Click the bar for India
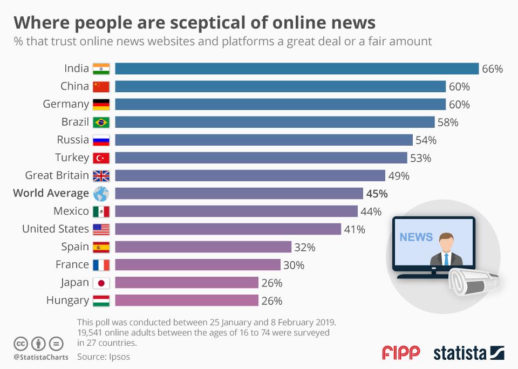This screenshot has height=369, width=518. coord(297,69)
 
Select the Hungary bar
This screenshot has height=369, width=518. coord(187,300)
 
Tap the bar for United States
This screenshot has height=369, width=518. coord(228,229)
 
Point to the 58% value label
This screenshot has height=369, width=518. coord(448,122)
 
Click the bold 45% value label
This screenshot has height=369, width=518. coord(377,194)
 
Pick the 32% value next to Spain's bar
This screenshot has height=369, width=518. coord(305,247)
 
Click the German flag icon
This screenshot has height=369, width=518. coord(101,104)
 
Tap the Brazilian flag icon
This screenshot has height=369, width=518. coord(101,122)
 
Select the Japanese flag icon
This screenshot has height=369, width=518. coord(101,283)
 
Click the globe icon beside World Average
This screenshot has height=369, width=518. coord(101,194)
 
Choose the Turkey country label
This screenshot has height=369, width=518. coord(72,158)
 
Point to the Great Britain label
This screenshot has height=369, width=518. coord(57,175)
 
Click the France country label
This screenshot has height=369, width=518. coord(72,264)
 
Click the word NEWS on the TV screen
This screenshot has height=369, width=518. coord(416,237)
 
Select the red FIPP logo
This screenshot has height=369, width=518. coord(401,353)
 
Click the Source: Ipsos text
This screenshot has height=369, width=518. coord(104,357)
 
